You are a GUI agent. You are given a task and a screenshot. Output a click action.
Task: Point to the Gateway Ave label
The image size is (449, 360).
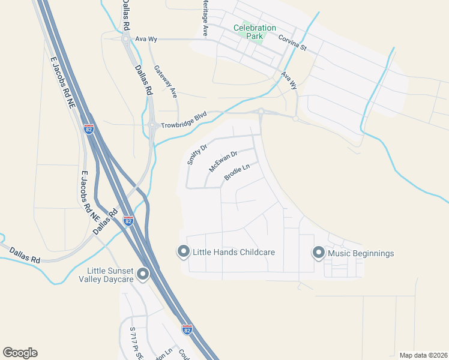point(165,82)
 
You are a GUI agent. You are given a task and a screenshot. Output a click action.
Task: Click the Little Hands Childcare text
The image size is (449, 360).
point(233,252)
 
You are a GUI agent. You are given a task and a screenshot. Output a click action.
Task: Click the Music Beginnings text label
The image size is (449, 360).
point(361,253)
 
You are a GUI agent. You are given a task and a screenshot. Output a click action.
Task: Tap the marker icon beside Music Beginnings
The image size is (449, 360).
point(318,253)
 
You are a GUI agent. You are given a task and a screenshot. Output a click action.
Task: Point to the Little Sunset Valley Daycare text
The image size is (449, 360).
point(109,275)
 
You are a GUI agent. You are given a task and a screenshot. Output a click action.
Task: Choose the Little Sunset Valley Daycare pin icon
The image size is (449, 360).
point(143,275)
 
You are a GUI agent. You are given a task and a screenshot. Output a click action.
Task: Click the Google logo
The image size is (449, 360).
point(20,353)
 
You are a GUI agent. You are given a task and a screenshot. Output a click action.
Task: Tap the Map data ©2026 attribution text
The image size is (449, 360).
point(423,355)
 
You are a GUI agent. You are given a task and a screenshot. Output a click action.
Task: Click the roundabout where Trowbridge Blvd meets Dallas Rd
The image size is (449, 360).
point(152,125)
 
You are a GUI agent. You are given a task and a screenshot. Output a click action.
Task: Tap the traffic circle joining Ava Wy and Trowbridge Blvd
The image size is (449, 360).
point(261,111)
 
